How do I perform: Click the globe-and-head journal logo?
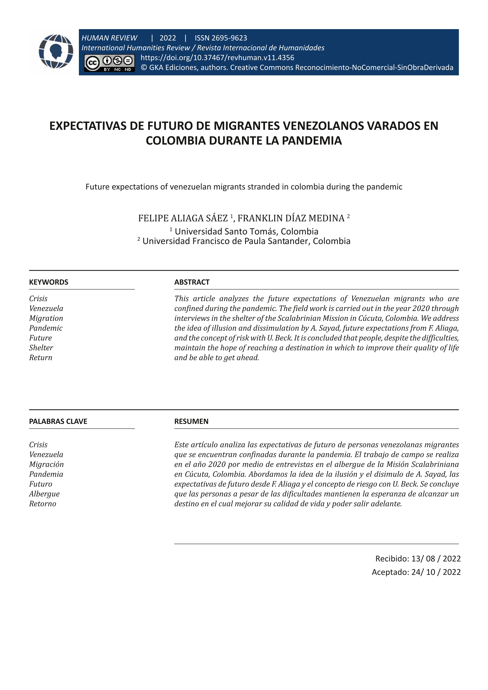pos(56,51)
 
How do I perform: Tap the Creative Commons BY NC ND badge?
pos(109,63)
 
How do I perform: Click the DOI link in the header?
pos(217,58)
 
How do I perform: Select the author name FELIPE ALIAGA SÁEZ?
pos(183,218)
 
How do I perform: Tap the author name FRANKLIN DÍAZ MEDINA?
pos(291,218)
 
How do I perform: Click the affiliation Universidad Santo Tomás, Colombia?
pos(246,231)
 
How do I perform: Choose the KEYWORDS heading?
pos(49,282)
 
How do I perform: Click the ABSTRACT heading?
pos(192,282)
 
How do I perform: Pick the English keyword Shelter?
pos(41,348)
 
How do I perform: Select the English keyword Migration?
pos(46,318)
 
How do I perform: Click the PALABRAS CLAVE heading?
pos(58,421)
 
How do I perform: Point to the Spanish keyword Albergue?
pos(44,494)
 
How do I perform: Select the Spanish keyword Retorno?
pos(43,504)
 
